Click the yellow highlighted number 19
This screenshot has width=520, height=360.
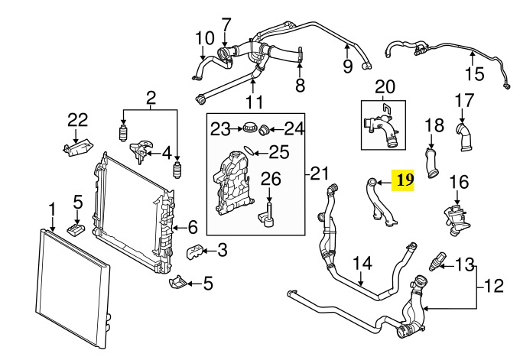(403, 180)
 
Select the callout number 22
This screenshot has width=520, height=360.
(78, 120)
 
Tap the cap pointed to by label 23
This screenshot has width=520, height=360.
(249, 128)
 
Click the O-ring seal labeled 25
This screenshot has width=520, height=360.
(250, 151)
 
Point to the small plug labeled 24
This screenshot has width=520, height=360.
(265, 130)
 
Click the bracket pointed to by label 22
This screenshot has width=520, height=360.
(77, 148)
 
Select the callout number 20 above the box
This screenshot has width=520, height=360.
(385, 87)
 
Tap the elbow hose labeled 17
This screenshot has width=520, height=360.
(464, 137)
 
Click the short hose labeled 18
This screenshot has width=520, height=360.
(432, 163)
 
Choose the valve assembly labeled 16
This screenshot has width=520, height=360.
(457, 220)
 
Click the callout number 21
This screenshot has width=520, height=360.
(319, 173)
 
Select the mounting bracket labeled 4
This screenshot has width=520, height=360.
(141, 151)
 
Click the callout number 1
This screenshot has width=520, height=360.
(52, 210)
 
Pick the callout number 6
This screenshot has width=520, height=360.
(193, 228)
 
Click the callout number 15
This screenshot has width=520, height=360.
(475, 73)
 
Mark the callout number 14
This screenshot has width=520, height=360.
(362, 263)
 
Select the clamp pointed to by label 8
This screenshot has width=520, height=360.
(300, 54)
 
